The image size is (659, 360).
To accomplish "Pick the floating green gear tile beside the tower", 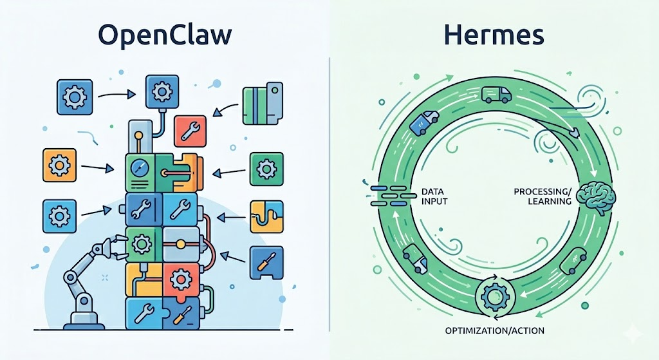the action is (266, 169).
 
